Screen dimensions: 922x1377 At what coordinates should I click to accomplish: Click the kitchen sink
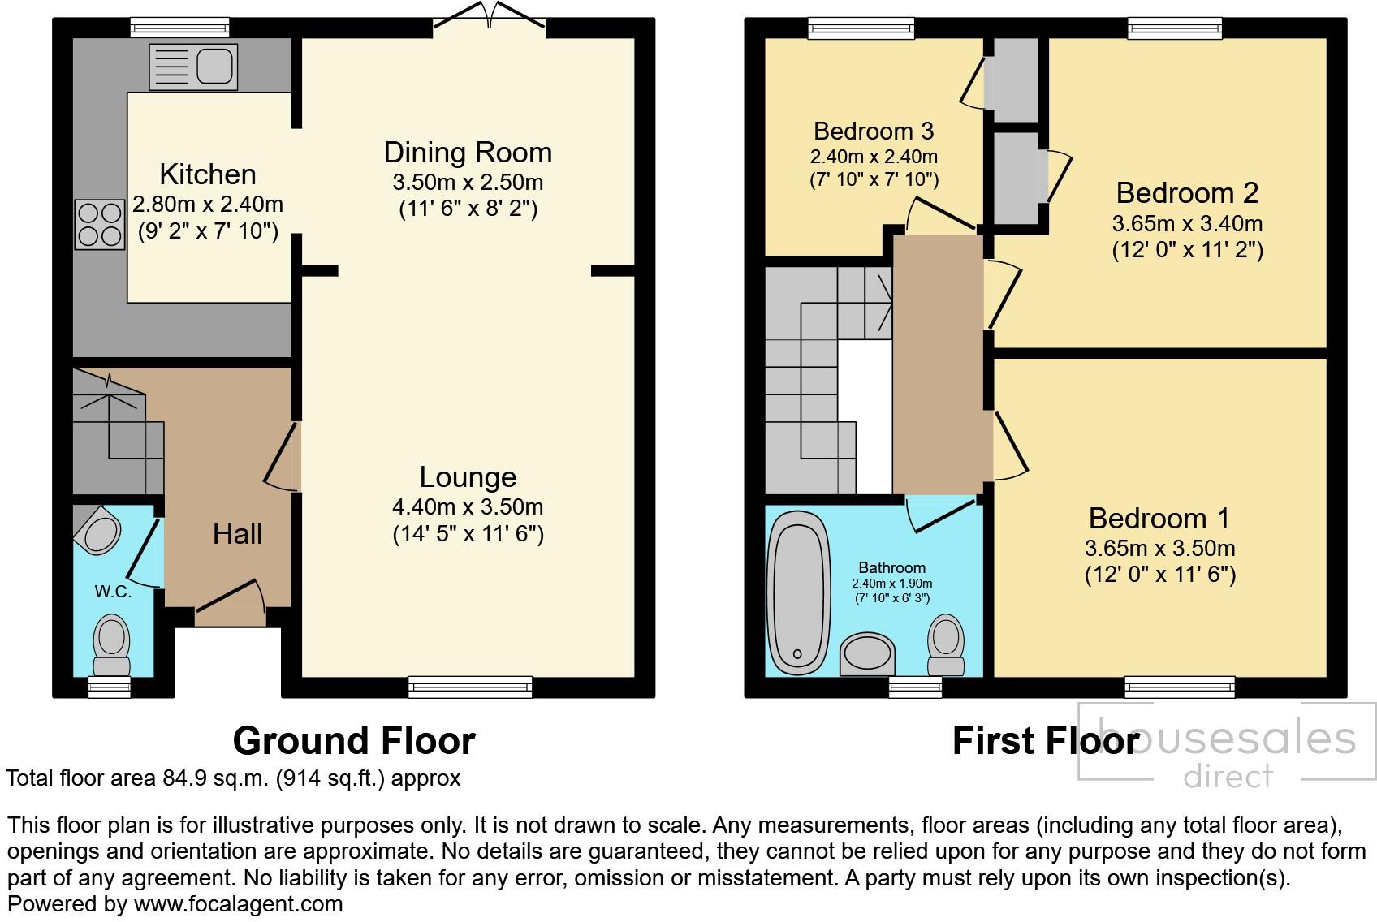[x=193, y=67]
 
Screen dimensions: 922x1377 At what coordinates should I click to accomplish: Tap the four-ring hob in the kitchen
[x=100, y=225]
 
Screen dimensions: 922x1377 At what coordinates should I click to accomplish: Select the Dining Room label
[x=468, y=153]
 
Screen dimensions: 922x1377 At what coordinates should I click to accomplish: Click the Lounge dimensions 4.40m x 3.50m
[x=468, y=507]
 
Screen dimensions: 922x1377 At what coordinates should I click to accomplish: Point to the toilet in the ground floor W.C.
[x=112, y=645]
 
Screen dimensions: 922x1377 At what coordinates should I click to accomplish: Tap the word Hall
[x=237, y=534]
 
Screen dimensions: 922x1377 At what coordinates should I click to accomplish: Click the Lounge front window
[x=470, y=687]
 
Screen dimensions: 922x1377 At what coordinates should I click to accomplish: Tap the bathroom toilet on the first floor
[x=946, y=644]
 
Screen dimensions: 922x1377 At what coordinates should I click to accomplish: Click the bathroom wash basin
[x=867, y=654]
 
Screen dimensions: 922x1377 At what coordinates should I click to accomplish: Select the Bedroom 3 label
[x=874, y=131]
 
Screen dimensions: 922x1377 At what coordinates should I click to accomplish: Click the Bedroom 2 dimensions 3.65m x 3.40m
[x=1187, y=223]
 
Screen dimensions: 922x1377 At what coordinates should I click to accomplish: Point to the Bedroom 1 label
[x=1159, y=518]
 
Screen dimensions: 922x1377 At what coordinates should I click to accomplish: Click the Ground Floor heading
[x=354, y=741]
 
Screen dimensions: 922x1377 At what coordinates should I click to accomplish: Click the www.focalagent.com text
[x=238, y=904]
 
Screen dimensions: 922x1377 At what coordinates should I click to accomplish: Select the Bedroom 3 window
[x=861, y=28]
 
